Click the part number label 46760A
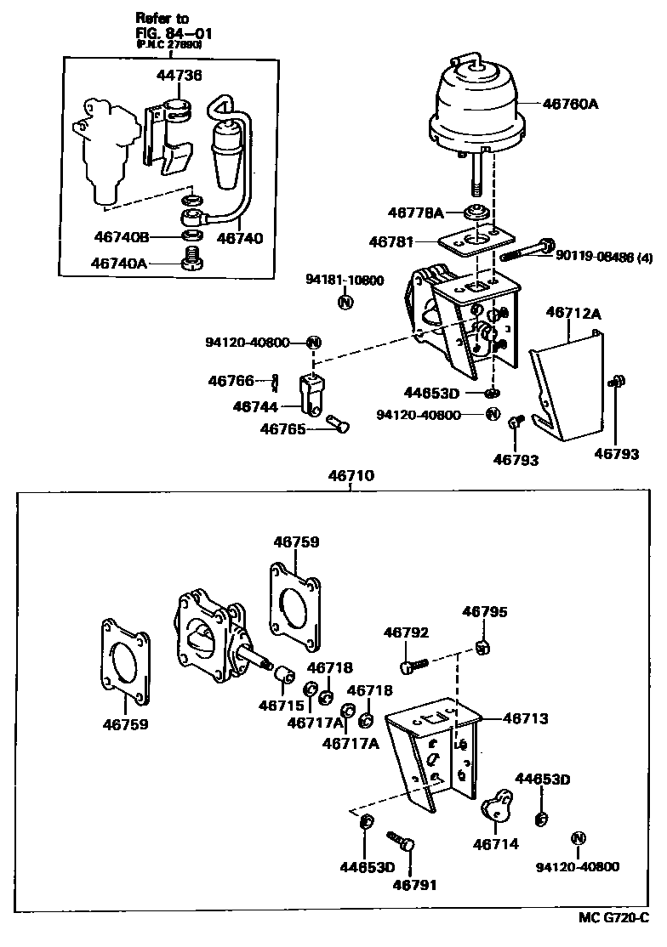pos(571,104)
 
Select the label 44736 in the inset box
pos(179,76)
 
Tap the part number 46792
pos(406,632)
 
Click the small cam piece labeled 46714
pos(497,807)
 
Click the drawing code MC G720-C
pos(611,919)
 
